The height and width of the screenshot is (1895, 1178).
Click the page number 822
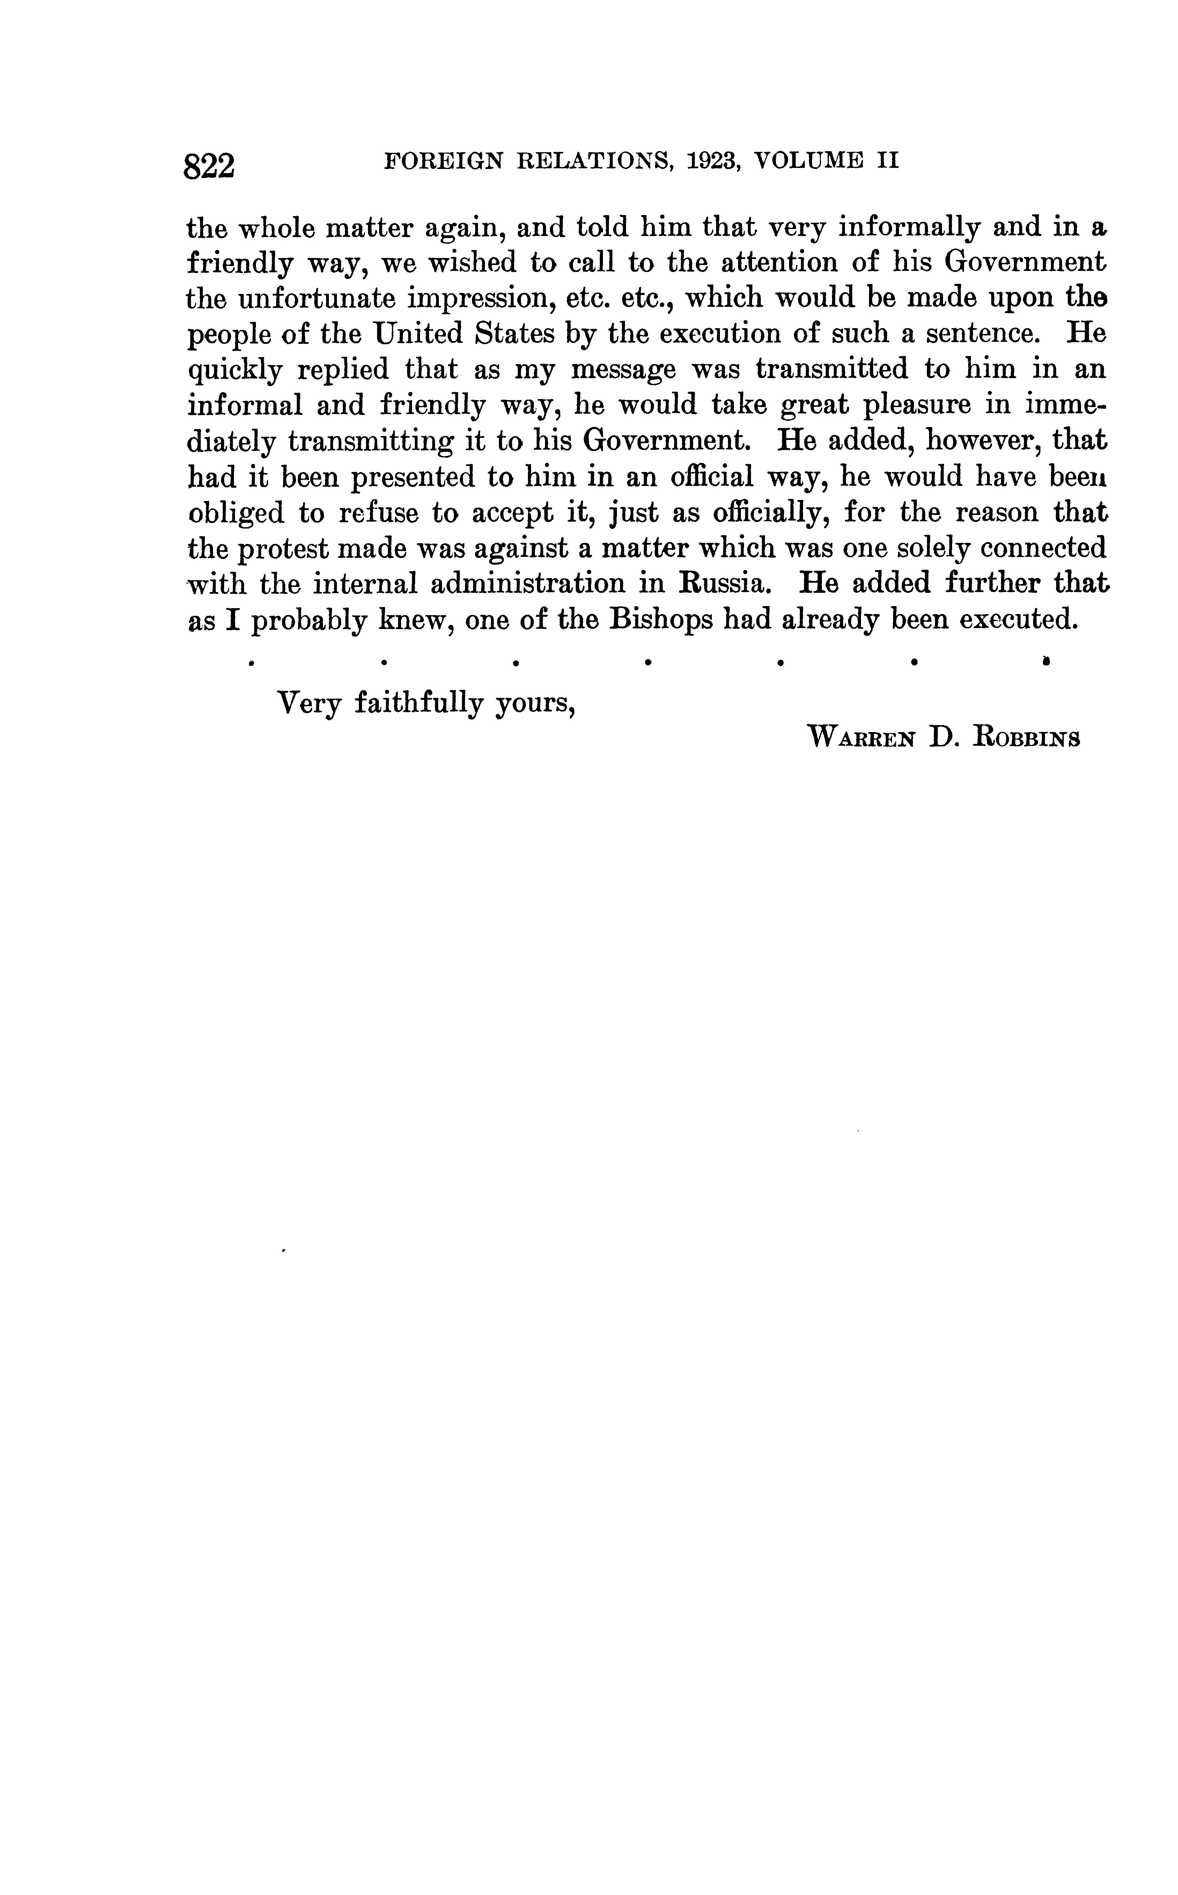pos(209,166)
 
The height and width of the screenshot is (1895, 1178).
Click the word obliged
pos(237,514)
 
